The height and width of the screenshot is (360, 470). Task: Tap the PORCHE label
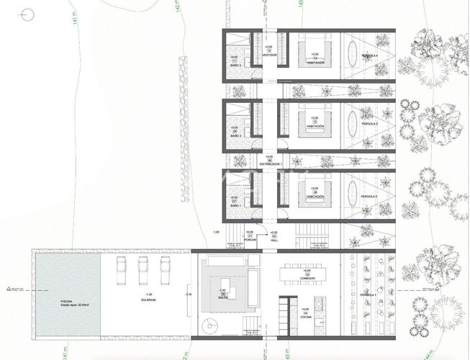click(250, 240)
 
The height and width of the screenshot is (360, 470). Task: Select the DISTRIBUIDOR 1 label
click(269, 164)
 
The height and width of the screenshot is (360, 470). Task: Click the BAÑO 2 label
click(235, 135)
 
